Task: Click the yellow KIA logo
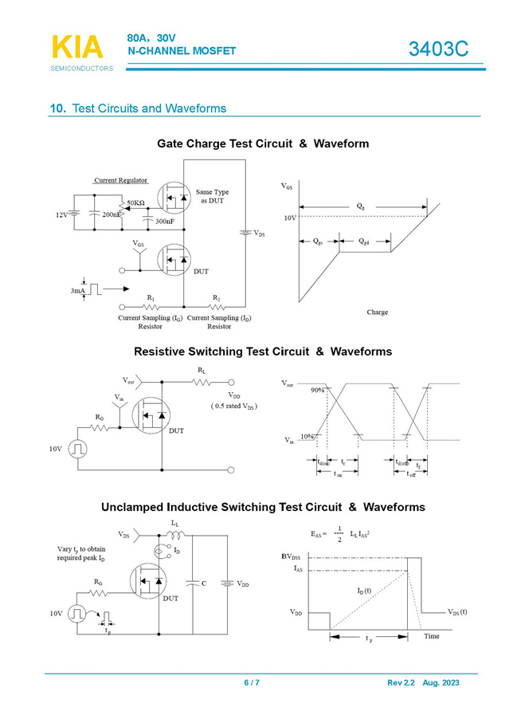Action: tap(77, 47)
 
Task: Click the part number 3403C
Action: tap(438, 49)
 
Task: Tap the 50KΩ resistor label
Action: tap(135, 203)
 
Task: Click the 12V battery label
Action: tap(61, 215)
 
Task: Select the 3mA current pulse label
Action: tap(77, 291)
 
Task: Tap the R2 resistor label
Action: tap(216, 298)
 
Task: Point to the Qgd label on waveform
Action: tap(363, 241)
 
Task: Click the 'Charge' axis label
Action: tap(378, 312)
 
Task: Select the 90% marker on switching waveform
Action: tap(317, 390)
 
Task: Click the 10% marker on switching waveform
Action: tap(307, 437)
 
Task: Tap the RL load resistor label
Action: tap(203, 371)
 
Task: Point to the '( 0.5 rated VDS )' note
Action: tap(234, 406)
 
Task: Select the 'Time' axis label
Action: tap(431, 636)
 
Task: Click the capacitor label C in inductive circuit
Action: tap(205, 584)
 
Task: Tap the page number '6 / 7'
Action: tap(252, 683)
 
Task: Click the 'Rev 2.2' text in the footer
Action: tap(401, 683)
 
